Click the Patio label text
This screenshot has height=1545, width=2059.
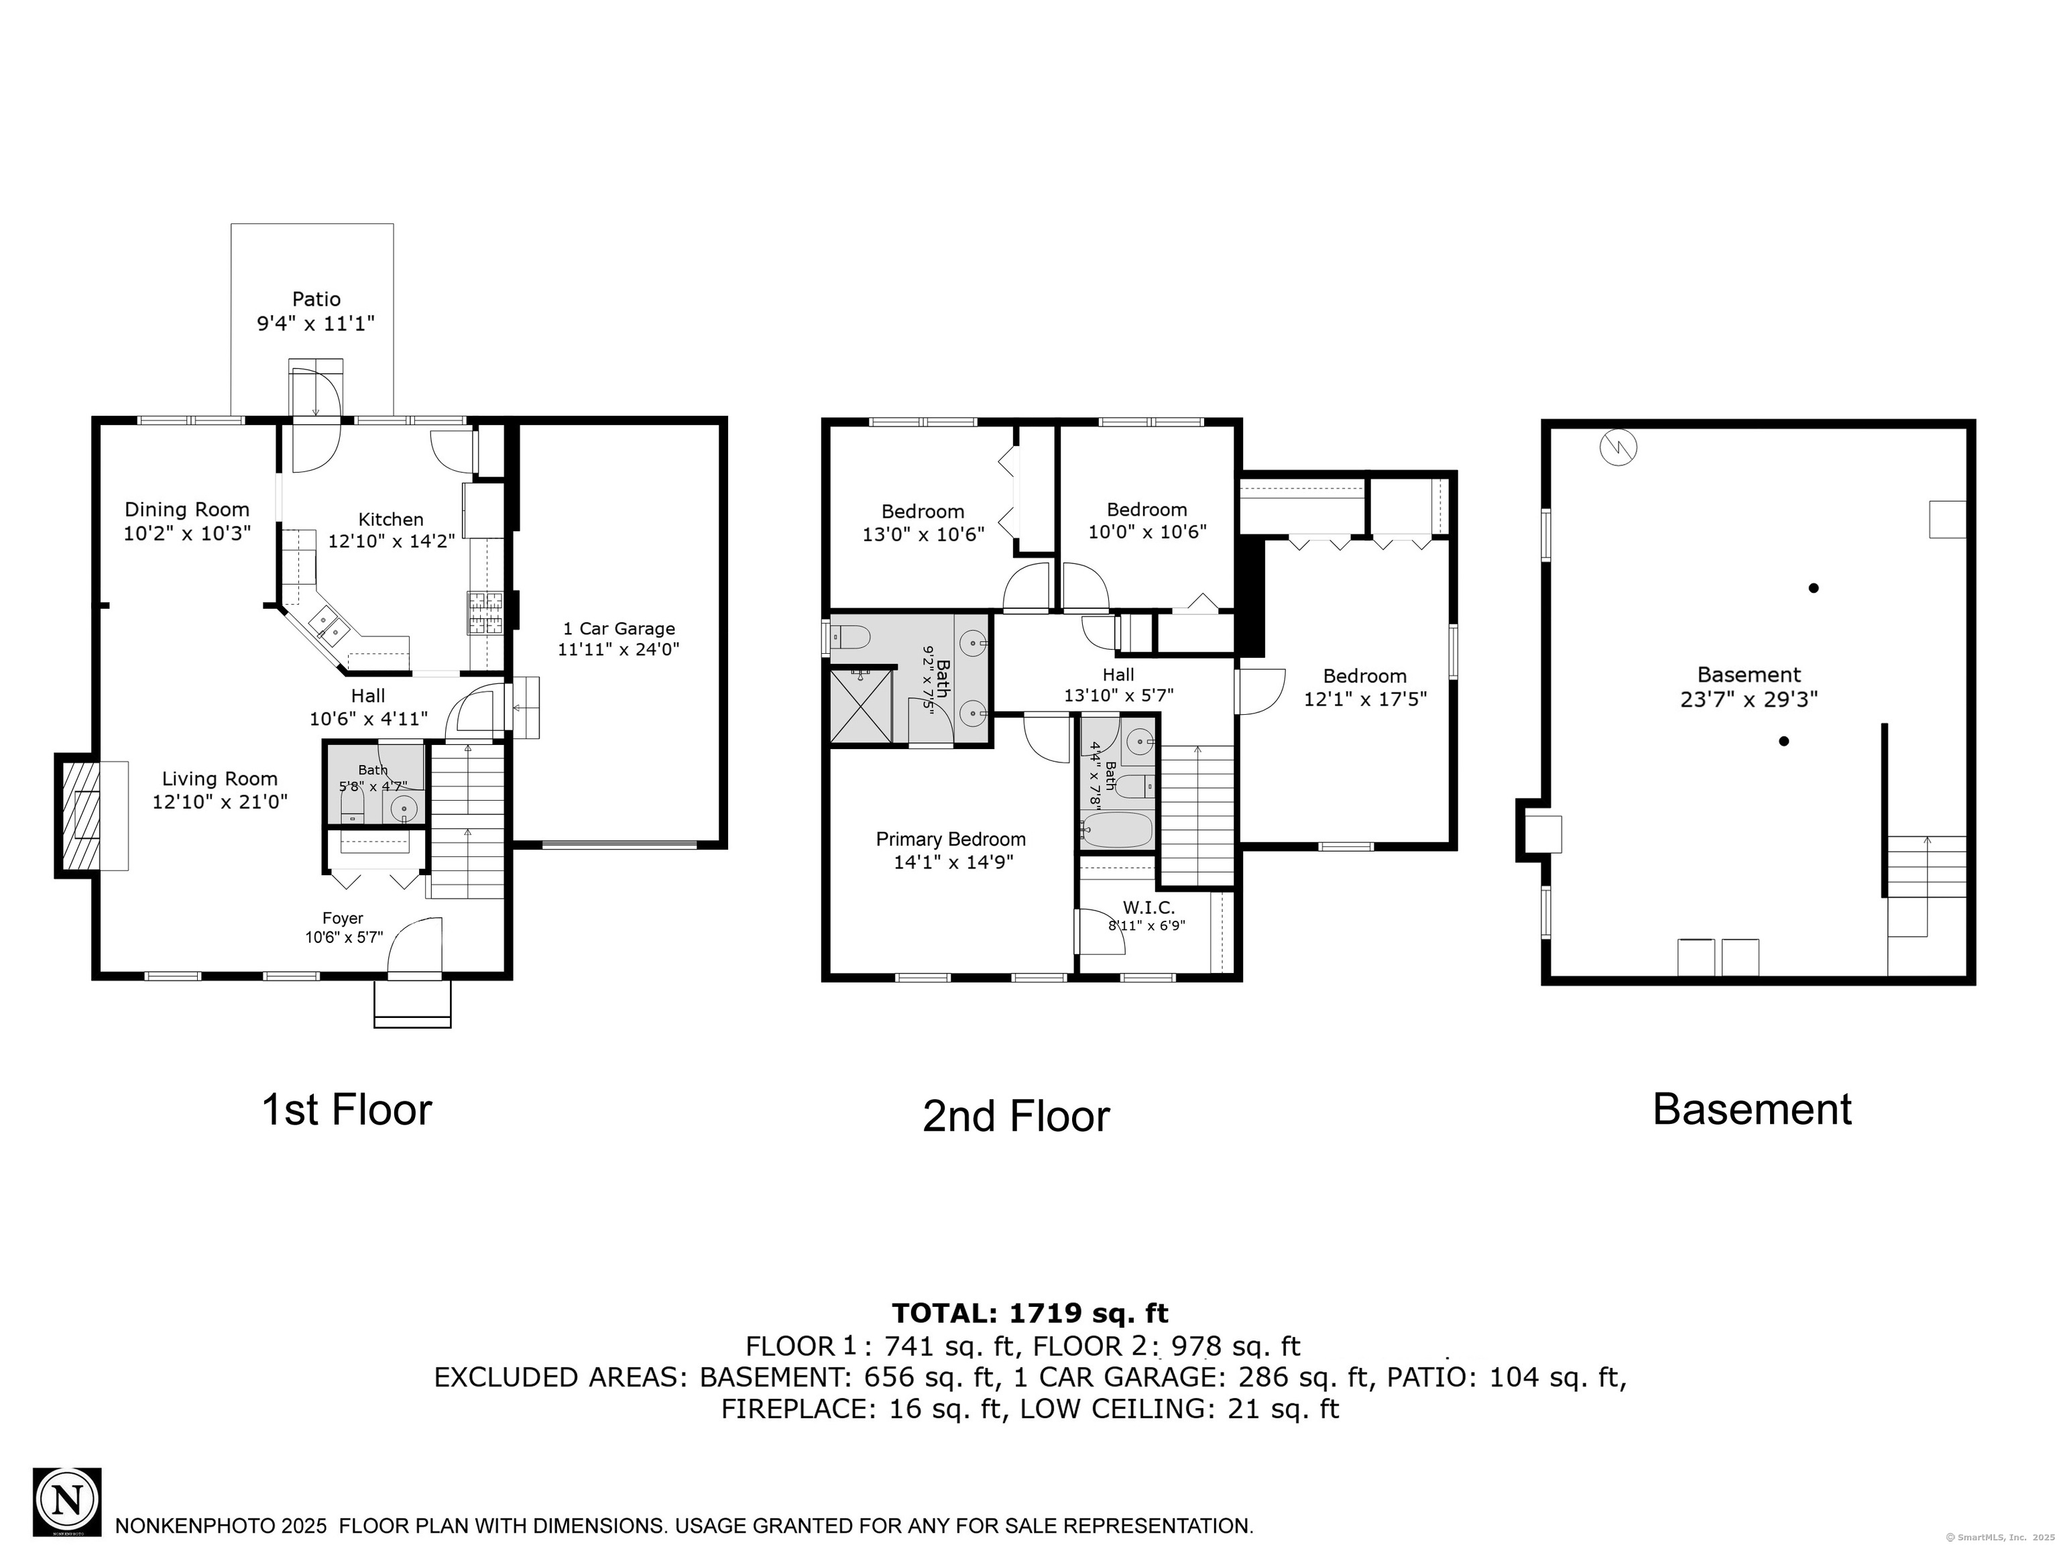coord(316,299)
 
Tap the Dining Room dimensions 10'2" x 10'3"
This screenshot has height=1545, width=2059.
coord(187,533)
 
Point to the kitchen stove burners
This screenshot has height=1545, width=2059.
coord(485,612)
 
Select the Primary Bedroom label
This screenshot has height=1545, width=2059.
coord(950,840)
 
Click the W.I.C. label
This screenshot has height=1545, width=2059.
coord(1149,907)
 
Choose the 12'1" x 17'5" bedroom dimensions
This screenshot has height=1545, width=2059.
coord(1364,698)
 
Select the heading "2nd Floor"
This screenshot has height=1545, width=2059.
coord(1016,1116)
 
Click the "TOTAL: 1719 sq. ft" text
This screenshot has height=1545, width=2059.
coord(1030,1312)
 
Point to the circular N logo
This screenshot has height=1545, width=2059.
coord(67,1501)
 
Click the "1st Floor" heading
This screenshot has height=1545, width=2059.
coord(346,1109)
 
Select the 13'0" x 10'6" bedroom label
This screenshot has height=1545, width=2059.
coord(923,534)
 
